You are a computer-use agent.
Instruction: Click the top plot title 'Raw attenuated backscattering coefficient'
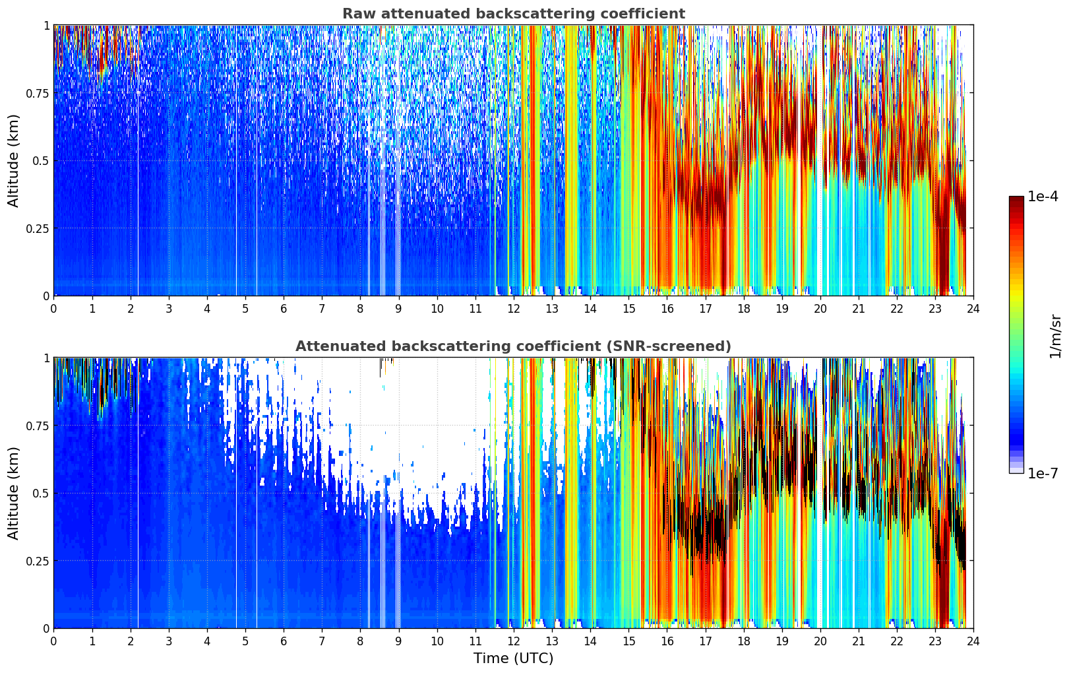[x=513, y=14]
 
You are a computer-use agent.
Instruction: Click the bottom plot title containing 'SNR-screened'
[x=513, y=346]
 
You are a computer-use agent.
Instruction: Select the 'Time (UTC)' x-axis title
[x=513, y=658]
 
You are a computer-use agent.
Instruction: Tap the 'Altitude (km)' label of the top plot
[x=14, y=160]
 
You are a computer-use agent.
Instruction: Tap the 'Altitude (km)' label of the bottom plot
[x=14, y=493]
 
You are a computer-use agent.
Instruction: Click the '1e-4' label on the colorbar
[x=1043, y=197]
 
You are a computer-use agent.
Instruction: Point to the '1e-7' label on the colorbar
[x=1043, y=474]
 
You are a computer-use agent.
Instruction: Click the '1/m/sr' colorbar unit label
[x=1055, y=336]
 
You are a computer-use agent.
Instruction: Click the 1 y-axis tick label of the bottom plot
[x=46, y=358]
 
